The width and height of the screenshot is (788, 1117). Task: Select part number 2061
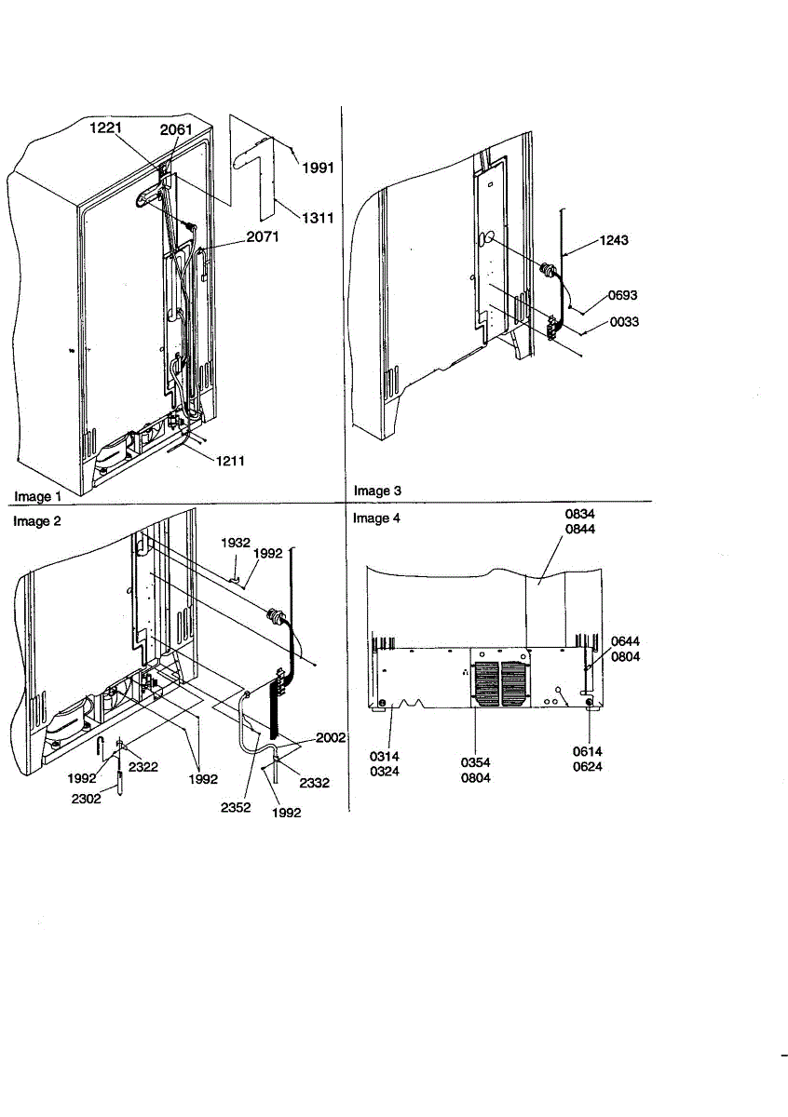click(x=176, y=130)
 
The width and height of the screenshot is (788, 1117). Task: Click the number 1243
click(x=613, y=240)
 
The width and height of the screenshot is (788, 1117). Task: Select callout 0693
click(x=623, y=295)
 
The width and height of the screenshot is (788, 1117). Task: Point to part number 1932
click(x=235, y=542)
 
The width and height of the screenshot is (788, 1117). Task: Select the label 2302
click(x=87, y=797)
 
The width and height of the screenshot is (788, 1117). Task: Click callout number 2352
click(x=236, y=808)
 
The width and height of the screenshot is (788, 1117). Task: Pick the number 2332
click(x=315, y=783)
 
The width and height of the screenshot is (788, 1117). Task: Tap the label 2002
click(x=331, y=737)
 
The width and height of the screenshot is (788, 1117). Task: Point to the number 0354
click(x=476, y=762)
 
